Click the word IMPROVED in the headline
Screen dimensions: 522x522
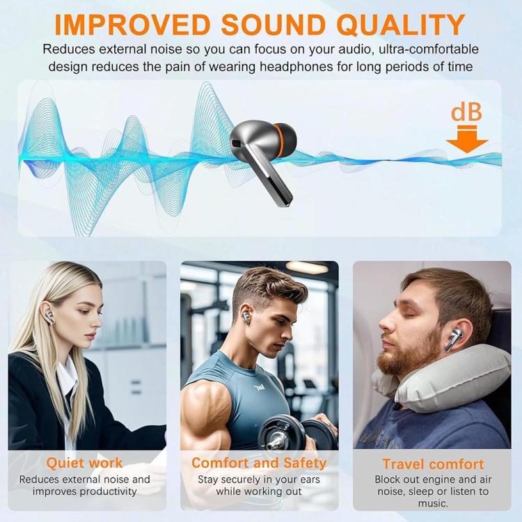[132, 24]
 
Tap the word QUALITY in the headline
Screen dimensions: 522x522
[401, 24]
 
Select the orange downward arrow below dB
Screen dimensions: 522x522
[467, 139]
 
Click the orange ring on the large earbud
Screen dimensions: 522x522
[277, 141]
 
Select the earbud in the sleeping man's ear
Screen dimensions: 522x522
[454, 340]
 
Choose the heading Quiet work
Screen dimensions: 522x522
[84, 463]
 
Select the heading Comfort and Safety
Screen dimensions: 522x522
[259, 463]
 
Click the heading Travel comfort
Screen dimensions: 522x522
[433, 464]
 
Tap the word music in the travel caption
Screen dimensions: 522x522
[433, 503]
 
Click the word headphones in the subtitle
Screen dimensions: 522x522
[296, 67]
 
